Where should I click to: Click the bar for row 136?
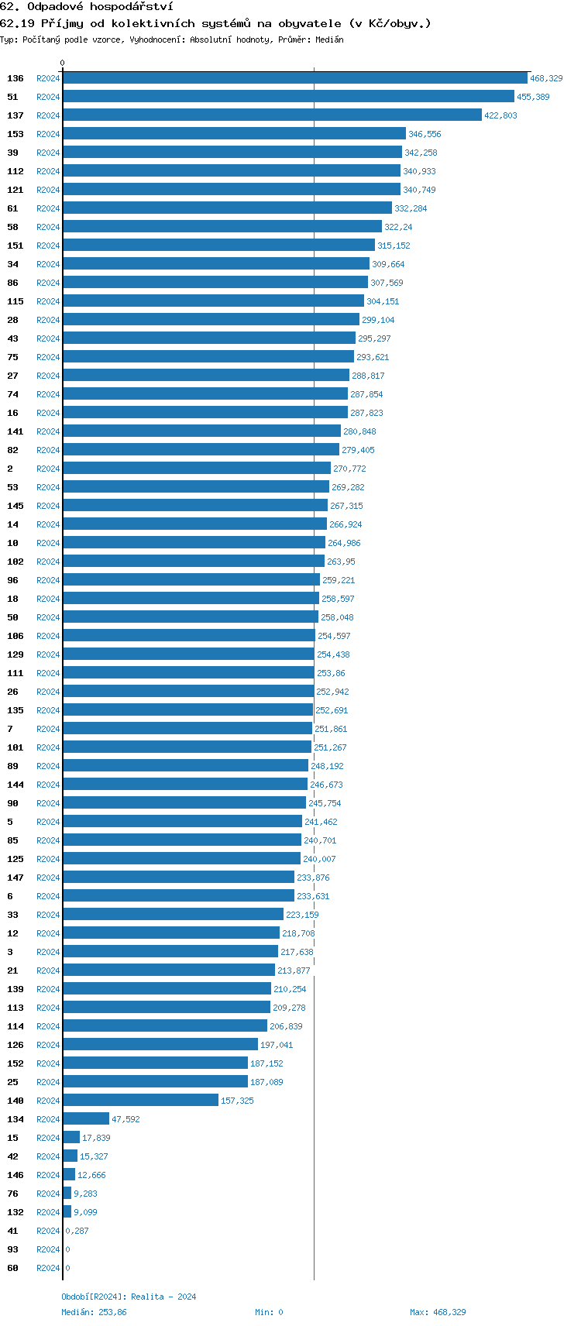[294, 78]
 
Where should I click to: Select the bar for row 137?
[272, 115]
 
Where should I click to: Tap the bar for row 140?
[140, 1101]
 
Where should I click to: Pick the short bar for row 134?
[86, 1119]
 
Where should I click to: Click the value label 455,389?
[533, 97]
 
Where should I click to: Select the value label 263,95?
[341, 562]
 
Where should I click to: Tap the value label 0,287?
[77, 1231]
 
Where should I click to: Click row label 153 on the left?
[15, 134]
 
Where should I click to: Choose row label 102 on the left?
[15, 562]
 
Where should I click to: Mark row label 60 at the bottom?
[12, 1268]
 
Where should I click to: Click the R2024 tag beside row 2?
[48, 469]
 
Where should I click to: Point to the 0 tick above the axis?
[63, 64]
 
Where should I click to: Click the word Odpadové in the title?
[55, 6]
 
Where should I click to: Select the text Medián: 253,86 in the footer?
[94, 1312]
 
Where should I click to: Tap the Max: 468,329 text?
[438, 1312]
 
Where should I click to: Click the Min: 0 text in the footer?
[269, 1312]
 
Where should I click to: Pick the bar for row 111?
[188, 673]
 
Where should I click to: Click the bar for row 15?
[71, 1138]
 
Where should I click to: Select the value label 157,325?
[237, 1101]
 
